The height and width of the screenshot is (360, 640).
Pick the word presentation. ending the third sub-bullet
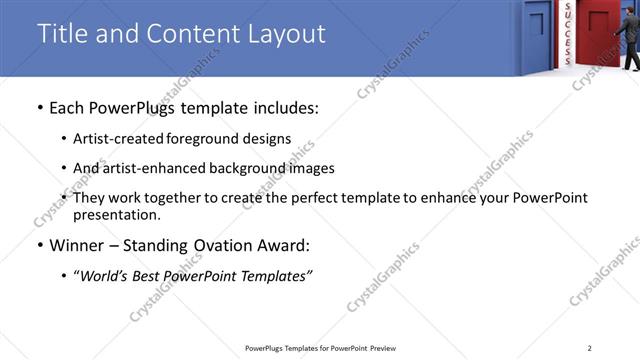pos(116,215)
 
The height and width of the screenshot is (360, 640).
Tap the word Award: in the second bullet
pos(283,245)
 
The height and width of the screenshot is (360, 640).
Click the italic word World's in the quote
pos(105,276)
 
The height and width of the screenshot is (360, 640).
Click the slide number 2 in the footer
pos(590,347)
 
